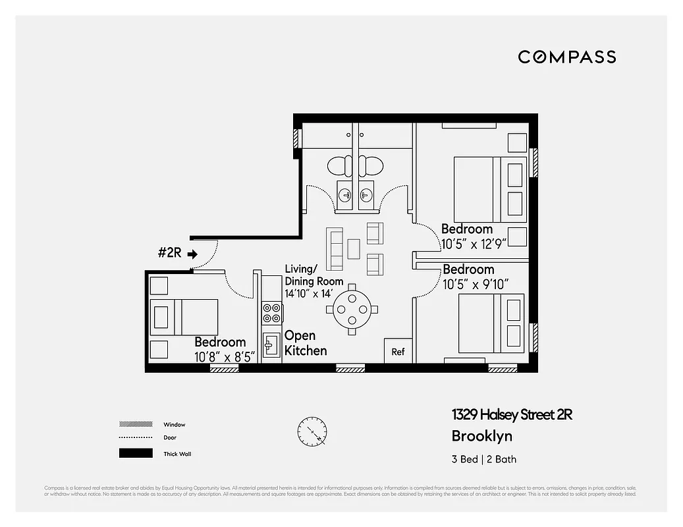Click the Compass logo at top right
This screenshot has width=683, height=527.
pos(566,57)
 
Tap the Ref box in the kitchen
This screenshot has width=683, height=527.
pos(398,352)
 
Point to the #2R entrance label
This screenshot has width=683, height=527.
pos(170,253)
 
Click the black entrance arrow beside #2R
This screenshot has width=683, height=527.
pos(192,254)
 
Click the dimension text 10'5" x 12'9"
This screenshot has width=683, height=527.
pos(473,244)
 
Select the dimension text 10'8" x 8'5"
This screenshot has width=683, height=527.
pos(224,357)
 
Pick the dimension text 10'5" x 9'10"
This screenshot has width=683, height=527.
pos(476,285)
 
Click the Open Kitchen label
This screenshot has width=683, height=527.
pos(305,343)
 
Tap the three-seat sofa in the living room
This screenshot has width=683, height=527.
pos(335,249)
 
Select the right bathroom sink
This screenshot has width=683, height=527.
pos(366,195)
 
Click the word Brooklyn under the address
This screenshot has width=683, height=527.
pos(481,436)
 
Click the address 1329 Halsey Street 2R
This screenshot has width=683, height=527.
pos(512,414)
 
